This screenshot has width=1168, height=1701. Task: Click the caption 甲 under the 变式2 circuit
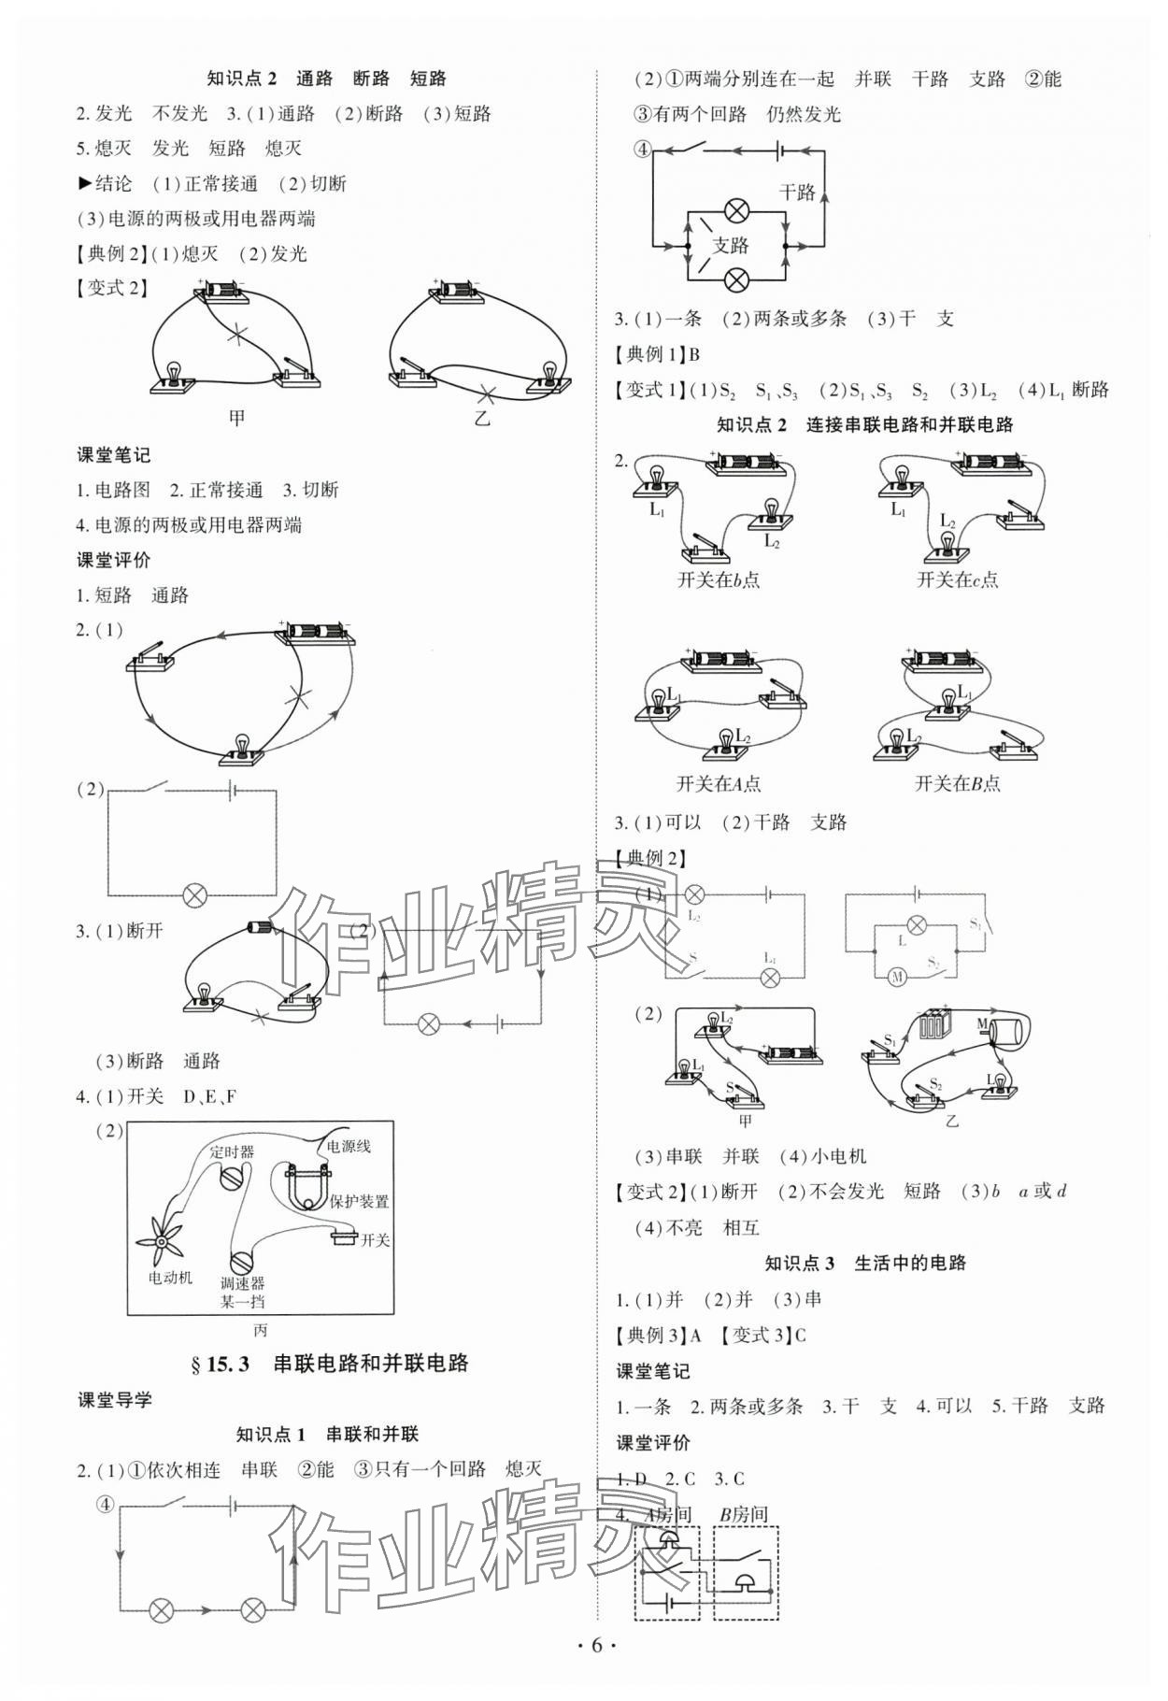pyautogui.click(x=237, y=418)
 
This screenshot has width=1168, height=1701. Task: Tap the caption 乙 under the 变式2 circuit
pyautogui.click(x=481, y=418)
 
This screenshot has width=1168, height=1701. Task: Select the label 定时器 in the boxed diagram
pyautogui.click(x=232, y=1151)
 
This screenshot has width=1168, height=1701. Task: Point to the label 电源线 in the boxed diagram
pyautogui.click(x=348, y=1146)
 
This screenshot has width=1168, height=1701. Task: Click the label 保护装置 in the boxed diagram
pyautogui.click(x=359, y=1202)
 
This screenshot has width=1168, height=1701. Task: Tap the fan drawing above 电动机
pyautogui.click(x=163, y=1240)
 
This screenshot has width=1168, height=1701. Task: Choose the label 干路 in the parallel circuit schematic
pyautogui.click(x=797, y=193)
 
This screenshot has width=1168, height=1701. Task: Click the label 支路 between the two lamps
pyautogui.click(x=731, y=245)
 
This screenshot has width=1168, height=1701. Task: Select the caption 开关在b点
pyautogui.click(x=719, y=580)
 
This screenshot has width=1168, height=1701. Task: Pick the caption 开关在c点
pyautogui.click(x=957, y=580)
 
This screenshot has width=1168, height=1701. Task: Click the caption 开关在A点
pyautogui.click(x=719, y=783)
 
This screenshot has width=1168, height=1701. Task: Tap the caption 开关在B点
pyautogui.click(x=957, y=783)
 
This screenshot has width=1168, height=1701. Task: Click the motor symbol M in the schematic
pyautogui.click(x=897, y=978)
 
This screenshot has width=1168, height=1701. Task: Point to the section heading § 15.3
pyautogui.click(x=221, y=1364)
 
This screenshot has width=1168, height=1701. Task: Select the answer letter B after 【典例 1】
pyautogui.click(x=693, y=354)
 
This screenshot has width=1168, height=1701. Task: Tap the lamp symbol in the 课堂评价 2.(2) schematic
pyautogui.click(x=194, y=895)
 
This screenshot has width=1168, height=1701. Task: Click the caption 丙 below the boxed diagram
pyautogui.click(x=260, y=1330)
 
